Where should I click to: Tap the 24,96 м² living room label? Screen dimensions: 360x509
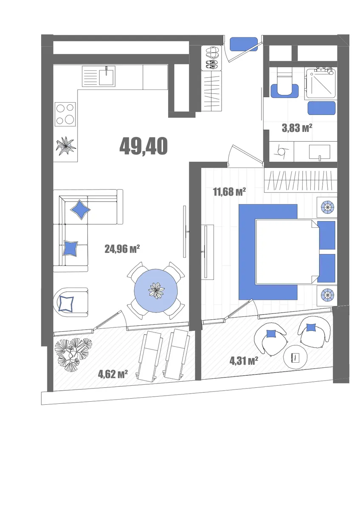(122, 249)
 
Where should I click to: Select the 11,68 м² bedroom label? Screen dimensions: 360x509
(229, 192)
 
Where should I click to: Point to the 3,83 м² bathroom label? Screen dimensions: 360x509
(297, 129)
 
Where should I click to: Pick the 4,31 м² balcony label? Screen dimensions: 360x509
(244, 361)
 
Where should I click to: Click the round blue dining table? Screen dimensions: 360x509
(156, 291)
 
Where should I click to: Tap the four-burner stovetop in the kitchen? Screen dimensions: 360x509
(65, 114)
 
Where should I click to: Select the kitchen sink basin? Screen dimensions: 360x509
(107, 76)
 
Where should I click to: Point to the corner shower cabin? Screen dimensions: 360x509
(321, 83)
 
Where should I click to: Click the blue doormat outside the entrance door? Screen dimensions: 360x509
(244, 44)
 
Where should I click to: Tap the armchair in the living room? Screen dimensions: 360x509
(71, 302)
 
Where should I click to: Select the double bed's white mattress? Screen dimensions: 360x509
(286, 252)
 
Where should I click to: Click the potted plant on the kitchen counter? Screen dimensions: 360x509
(66, 146)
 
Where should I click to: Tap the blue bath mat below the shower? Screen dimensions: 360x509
(321, 108)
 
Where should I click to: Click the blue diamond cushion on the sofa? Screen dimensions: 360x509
(80, 210)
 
